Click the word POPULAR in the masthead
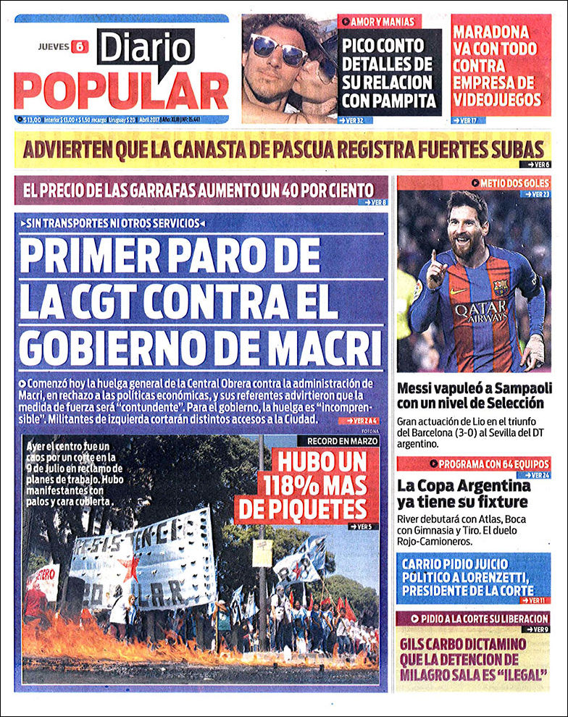tap(121, 91)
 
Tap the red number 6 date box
tap(80, 46)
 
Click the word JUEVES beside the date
tap(54, 46)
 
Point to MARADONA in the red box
tap(491, 32)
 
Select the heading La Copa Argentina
tap(464, 485)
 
